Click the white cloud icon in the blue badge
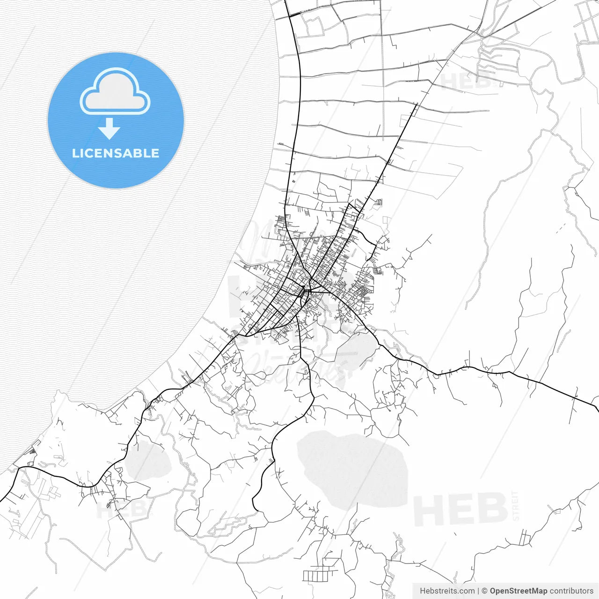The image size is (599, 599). (115, 93)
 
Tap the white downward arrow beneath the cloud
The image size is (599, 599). (110, 129)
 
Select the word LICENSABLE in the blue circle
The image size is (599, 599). (116, 153)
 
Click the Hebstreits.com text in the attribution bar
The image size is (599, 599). (447, 591)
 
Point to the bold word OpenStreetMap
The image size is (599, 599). (519, 591)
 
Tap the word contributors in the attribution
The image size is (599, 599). (571, 591)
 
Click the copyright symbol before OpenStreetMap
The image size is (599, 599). (485, 591)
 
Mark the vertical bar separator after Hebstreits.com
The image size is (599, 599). (478, 591)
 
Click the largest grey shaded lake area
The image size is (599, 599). (353, 468)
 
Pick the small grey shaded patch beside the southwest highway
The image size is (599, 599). (146, 461)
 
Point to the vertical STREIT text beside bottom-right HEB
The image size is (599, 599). (516, 505)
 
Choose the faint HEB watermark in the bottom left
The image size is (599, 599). (123, 508)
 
